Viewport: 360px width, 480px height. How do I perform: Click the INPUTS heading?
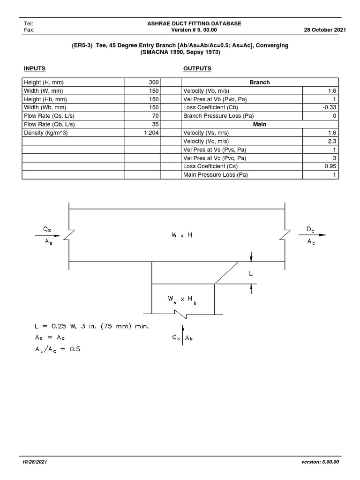click(x=34, y=68)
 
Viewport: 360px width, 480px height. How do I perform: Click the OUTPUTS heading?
click(x=197, y=68)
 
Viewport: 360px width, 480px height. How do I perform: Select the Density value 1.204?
click(x=150, y=133)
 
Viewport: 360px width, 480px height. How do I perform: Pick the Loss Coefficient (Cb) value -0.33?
click(x=330, y=108)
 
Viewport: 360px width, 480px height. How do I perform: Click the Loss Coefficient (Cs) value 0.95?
click(x=331, y=167)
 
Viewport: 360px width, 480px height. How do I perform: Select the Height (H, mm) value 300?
click(x=154, y=82)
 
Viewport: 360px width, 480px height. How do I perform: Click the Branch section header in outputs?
click(x=259, y=82)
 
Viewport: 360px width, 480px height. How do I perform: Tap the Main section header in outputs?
click(x=259, y=125)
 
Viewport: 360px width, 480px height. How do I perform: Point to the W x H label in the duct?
click(x=182, y=235)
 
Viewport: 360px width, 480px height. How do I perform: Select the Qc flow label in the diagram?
click(x=311, y=229)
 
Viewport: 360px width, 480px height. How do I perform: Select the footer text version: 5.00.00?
click(x=321, y=462)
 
